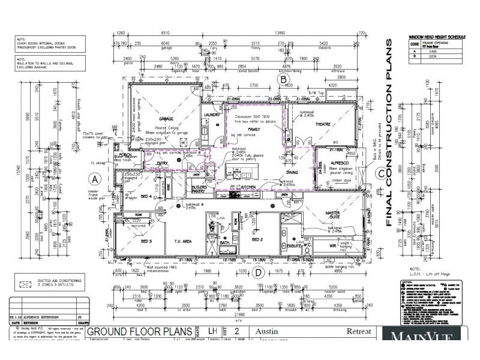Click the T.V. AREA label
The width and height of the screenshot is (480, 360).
182,241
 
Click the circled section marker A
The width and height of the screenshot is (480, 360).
94,178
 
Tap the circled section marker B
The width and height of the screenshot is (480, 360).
284,79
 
